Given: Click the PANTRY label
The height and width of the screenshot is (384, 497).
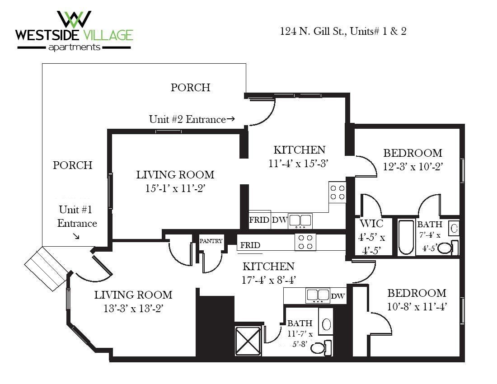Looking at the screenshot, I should (x=211, y=241).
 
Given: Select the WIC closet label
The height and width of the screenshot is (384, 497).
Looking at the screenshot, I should (x=371, y=224).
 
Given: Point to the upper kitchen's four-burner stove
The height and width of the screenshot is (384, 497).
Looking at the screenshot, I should (x=337, y=192).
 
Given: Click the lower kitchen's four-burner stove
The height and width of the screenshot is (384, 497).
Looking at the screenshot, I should (x=305, y=242).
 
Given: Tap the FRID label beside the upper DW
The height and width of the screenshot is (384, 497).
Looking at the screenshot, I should (x=259, y=220).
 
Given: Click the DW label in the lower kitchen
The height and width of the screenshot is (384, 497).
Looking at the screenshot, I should (x=338, y=296).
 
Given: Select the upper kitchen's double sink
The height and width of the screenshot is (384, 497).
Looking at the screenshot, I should (x=300, y=220).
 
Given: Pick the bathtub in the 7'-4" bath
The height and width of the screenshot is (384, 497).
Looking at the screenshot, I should (x=405, y=237).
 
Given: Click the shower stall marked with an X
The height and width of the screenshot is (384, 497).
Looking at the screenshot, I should (x=247, y=340).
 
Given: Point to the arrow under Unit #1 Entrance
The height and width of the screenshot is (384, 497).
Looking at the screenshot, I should (x=76, y=236).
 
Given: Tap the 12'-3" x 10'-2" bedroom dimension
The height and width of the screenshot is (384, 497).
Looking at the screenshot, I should (x=413, y=166).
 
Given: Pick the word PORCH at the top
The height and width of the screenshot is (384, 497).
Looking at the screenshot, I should (x=190, y=88).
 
